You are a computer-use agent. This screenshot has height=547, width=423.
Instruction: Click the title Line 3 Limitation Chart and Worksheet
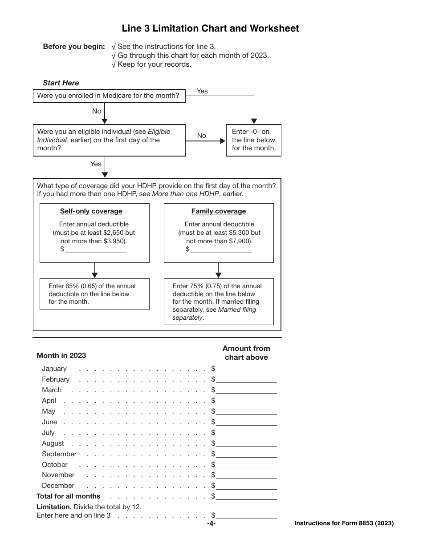point(211,28)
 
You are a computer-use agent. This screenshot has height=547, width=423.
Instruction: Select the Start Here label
point(61,83)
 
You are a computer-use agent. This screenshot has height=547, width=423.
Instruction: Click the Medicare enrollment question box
point(109,96)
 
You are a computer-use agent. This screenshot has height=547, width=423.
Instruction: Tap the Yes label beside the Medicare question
point(202,91)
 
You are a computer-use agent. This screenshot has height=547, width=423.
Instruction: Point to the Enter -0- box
point(254,140)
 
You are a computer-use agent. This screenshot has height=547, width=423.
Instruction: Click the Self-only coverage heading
point(91,211)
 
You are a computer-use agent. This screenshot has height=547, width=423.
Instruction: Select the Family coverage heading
point(219,211)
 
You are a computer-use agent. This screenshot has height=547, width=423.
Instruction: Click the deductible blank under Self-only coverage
point(96,249)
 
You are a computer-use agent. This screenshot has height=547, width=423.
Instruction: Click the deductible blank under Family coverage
point(221,249)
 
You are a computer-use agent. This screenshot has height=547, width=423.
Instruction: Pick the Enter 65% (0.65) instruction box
point(94,294)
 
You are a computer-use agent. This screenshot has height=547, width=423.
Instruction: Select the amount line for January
point(246,369)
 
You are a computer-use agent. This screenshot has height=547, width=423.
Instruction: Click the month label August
point(53,443)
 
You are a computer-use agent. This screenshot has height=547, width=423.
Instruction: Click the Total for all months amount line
point(246,496)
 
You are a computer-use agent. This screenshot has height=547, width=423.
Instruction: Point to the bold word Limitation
point(54,507)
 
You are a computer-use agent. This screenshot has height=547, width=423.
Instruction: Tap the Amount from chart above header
point(246,353)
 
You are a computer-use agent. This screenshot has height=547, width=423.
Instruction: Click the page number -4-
point(211,523)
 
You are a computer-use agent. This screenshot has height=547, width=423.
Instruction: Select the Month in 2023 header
point(61,355)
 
